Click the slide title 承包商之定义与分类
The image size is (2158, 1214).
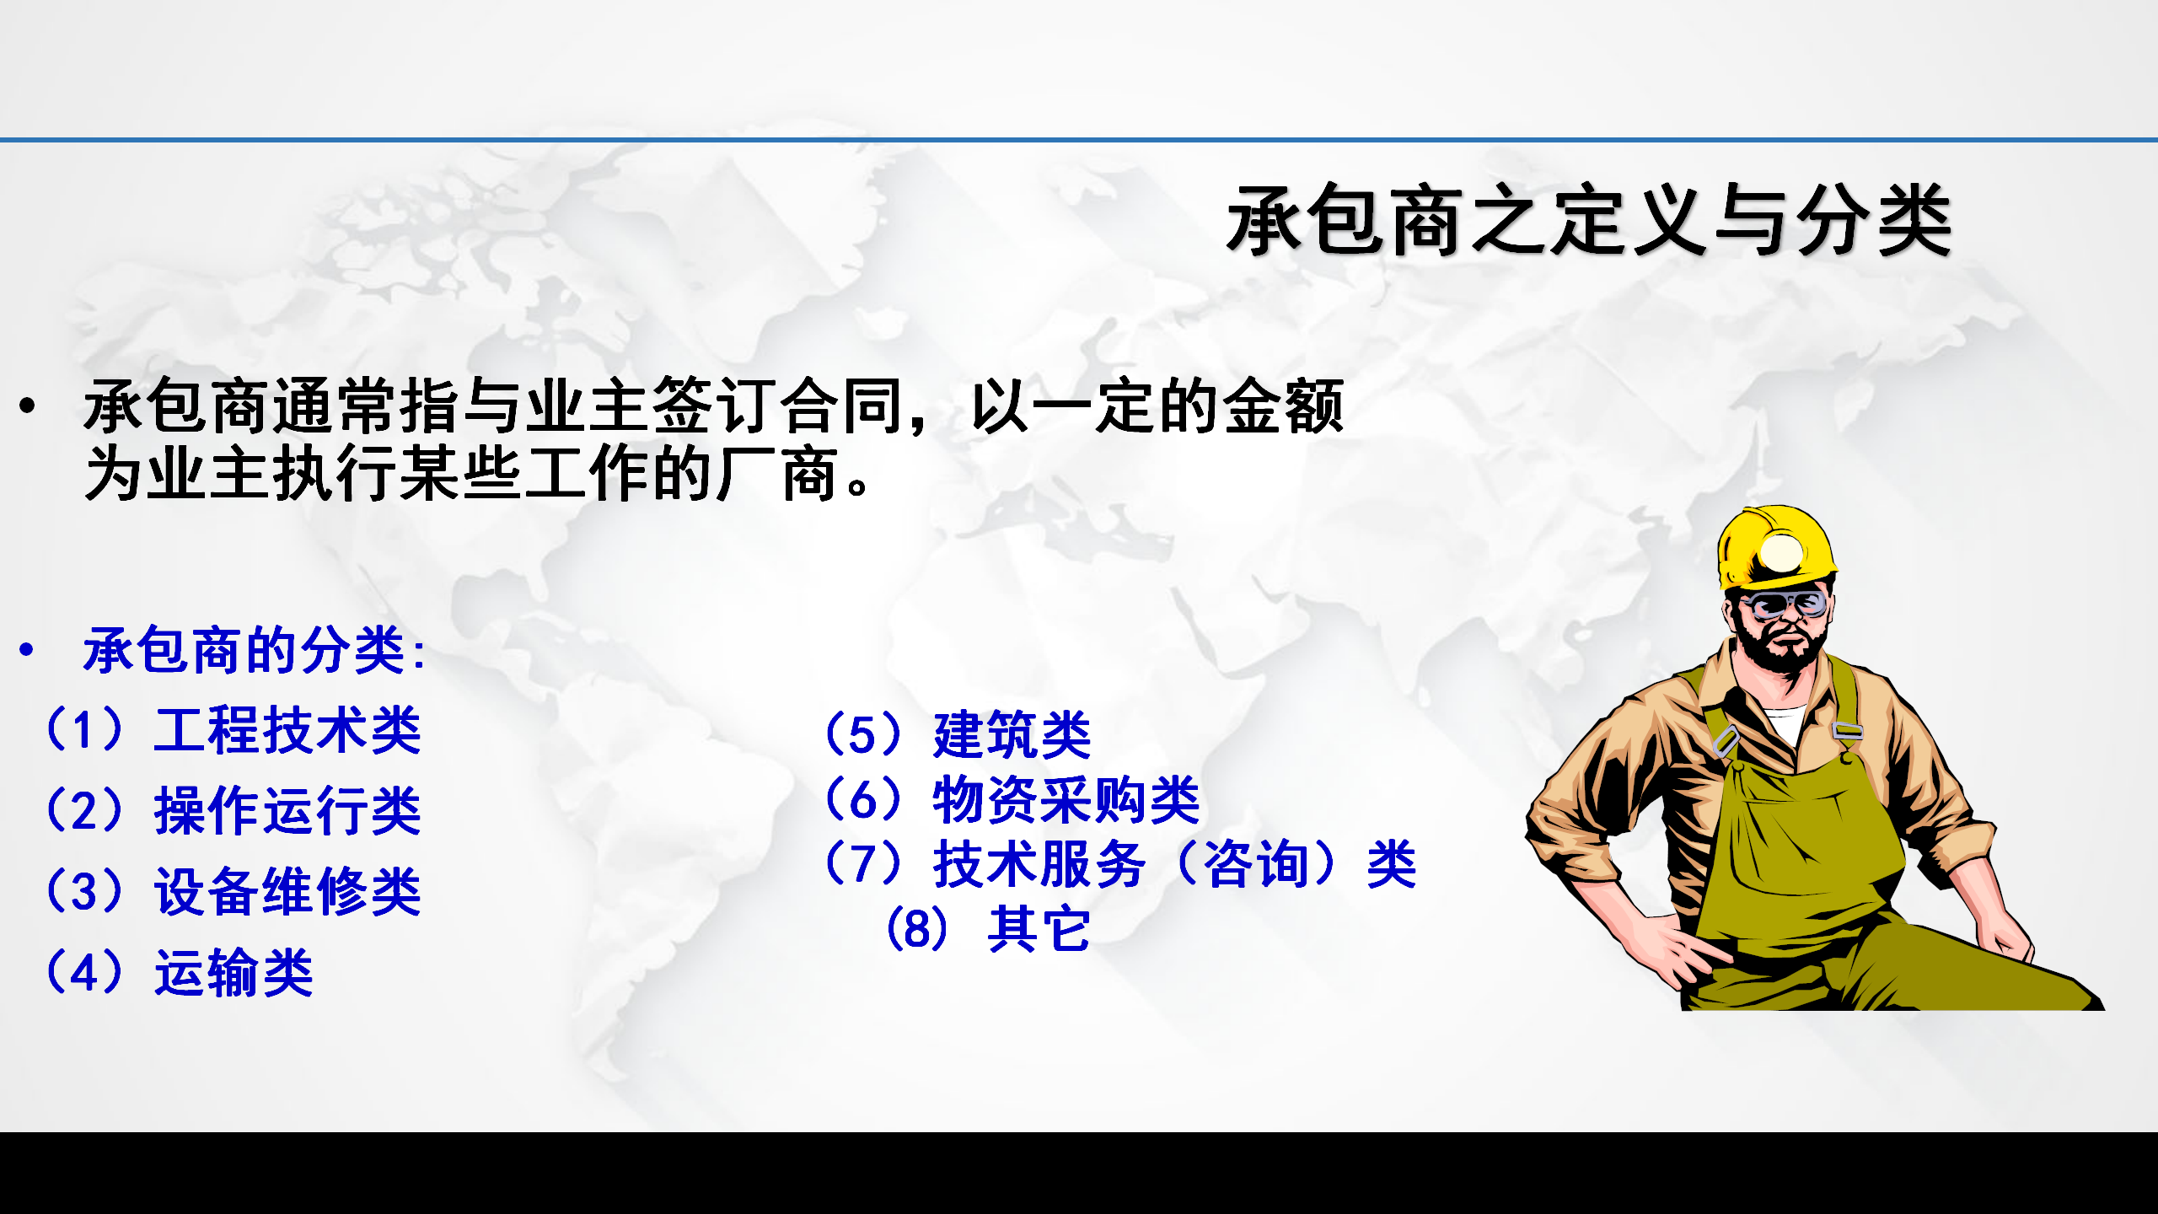(1589, 220)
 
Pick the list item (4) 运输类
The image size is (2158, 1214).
(179, 973)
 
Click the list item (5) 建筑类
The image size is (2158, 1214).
(958, 734)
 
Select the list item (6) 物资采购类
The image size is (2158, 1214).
(1012, 799)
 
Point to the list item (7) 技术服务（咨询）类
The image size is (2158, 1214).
(1120, 864)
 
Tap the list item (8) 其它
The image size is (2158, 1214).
(988, 929)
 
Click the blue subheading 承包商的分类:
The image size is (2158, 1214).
(255, 650)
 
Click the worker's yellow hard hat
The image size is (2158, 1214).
(1777, 548)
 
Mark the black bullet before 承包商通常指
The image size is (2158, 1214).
(28, 406)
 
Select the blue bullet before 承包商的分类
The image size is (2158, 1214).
(28, 649)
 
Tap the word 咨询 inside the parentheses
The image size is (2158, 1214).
(1256, 864)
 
